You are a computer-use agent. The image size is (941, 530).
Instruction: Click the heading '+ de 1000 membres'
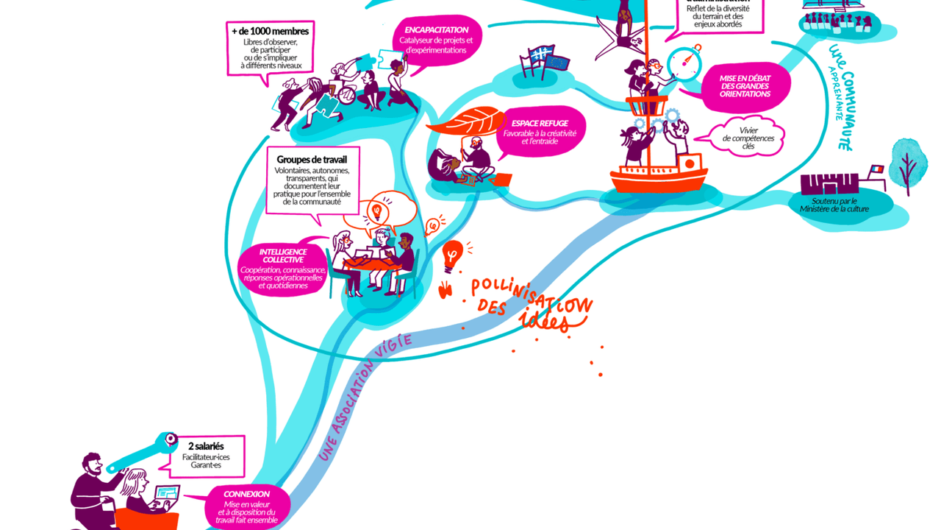[270, 31]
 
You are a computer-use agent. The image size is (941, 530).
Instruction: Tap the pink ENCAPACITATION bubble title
[436, 29]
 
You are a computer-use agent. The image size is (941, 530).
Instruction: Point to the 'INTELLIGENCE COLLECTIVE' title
[283, 255]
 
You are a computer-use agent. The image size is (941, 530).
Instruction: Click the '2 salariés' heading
[206, 446]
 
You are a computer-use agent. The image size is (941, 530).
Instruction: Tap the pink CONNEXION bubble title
[246, 494]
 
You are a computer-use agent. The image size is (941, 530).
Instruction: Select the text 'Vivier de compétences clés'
[748, 138]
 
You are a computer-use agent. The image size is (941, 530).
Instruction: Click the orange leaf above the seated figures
[464, 121]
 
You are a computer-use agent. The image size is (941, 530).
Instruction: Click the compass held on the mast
[685, 63]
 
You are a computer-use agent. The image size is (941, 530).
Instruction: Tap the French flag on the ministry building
[877, 169]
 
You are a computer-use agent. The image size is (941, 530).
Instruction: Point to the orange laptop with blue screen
[166, 497]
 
